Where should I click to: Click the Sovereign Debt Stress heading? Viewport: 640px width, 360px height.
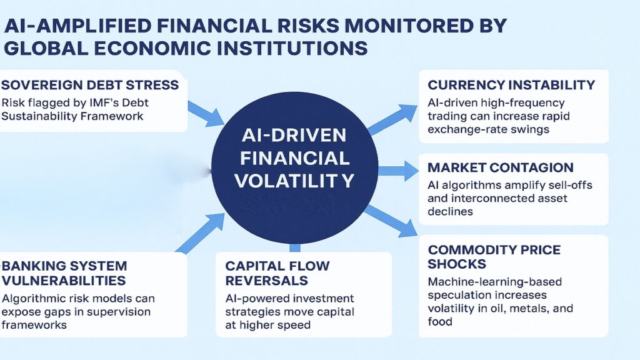pos(90,84)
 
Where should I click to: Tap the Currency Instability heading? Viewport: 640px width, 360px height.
pos(511,85)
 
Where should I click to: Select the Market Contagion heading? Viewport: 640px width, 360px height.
pos(500,167)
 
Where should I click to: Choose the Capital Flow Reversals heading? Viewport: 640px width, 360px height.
pos(277,272)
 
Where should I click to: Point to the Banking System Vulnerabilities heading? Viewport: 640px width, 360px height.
pos(64,273)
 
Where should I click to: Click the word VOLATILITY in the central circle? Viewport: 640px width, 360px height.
pos(293,181)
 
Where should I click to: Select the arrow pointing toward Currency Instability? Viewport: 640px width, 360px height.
pos(392,120)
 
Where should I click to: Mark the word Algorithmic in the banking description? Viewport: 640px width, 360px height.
pos(36,298)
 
